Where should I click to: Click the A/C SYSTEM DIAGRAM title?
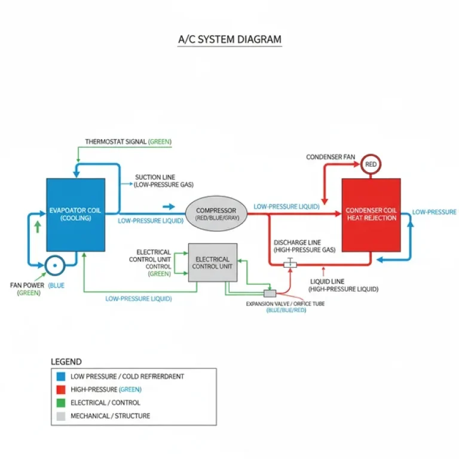click(x=229, y=40)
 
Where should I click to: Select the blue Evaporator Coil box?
click(x=76, y=214)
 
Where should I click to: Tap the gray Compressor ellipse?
click(x=216, y=215)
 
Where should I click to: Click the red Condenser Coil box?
click(x=371, y=215)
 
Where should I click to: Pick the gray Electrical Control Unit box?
click(x=213, y=262)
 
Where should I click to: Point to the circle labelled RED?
click(x=371, y=164)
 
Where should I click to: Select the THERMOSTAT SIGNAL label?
click(x=128, y=142)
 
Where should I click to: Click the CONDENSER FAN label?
click(x=331, y=157)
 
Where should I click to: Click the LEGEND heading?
click(x=66, y=362)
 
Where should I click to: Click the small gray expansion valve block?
click(x=270, y=293)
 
